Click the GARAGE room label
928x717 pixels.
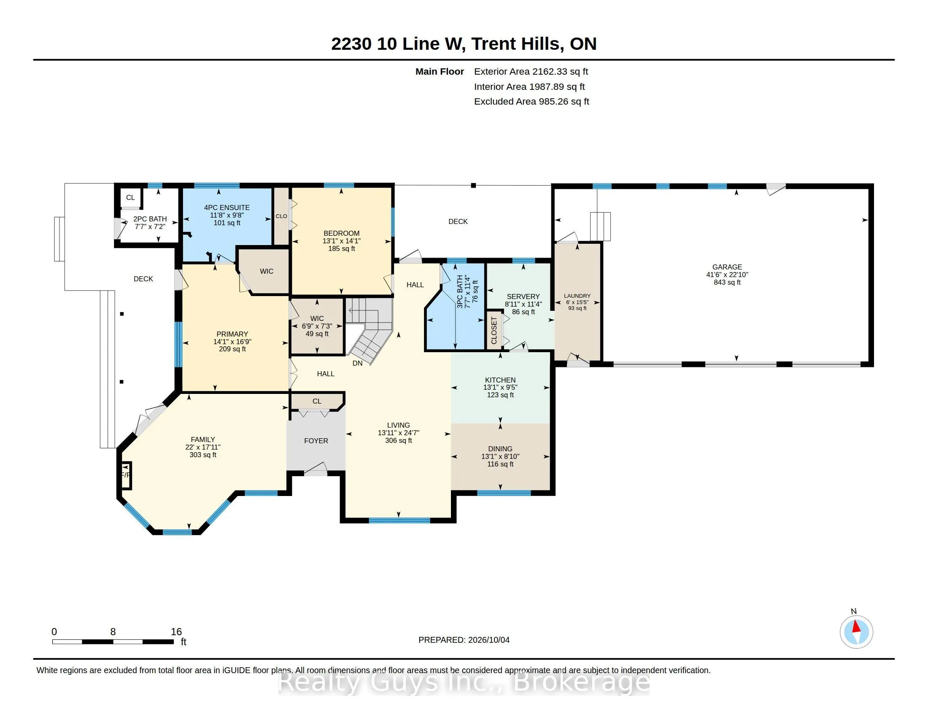coord(727,267)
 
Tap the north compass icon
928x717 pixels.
coord(856,632)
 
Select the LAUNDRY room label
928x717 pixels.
coord(577,296)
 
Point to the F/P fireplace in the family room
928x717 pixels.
coord(126,475)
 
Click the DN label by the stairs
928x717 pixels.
coord(357,363)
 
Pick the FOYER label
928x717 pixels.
coord(316,441)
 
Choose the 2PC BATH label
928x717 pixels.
coord(150,219)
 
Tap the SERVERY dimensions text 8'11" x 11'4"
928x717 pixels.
coord(523,304)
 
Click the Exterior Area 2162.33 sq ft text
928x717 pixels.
coord(531,71)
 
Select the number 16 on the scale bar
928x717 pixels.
coord(176,632)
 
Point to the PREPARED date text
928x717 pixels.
coord(464,640)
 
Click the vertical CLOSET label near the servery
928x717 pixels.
coord(494,331)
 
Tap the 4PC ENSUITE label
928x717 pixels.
coord(227,207)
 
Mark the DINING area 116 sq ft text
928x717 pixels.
coord(500,464)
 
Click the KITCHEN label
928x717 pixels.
coord(500,380)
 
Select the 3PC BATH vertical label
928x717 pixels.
coord(460,291)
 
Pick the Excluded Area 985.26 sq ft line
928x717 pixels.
coord(531,102)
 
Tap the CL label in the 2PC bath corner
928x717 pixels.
coord(130,197)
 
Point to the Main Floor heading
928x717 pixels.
coord(440,71)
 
